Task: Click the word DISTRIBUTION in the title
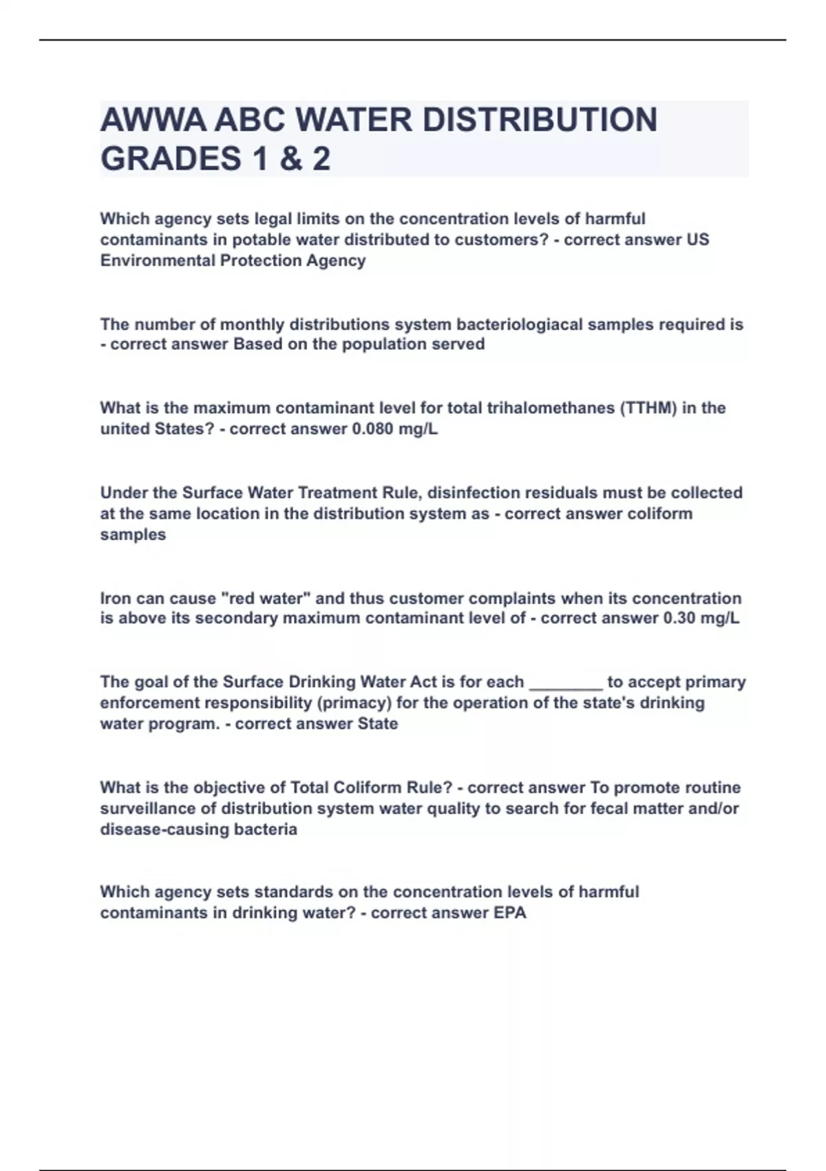[x=540, y=121]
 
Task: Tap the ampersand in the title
[x=292, y=159]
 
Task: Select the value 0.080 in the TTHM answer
[x=372, y=429]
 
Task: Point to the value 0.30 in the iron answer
[x=679, y=619]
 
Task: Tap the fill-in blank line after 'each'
[x=565, y=683]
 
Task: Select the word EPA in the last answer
[x=510, y=913]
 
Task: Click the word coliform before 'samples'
[x=653, y=514]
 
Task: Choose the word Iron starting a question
[x=116, y=599]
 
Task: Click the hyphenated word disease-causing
[x=162, y=829]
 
